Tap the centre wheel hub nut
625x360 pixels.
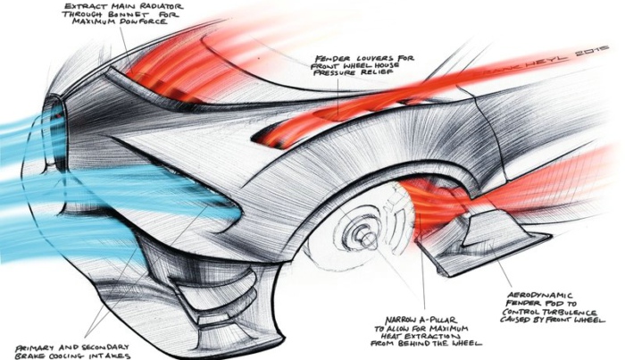coord(367,239)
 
